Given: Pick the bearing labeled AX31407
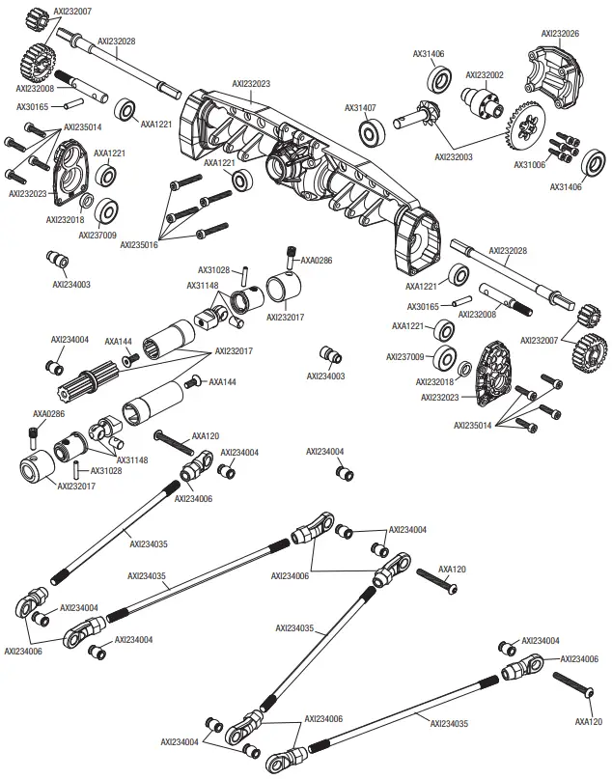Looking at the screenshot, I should tap(370, 132).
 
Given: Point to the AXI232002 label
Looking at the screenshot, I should tap(485, 74).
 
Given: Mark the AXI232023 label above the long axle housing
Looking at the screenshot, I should tap(251, 84).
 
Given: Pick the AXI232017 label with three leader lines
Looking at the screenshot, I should tap(235, 351).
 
